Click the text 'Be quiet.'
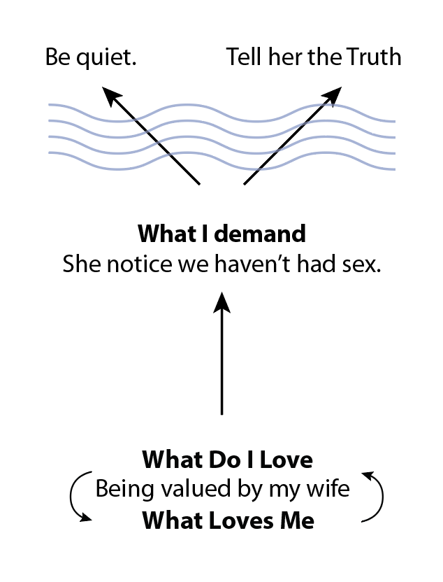pyautogui.click(x=89, y=58)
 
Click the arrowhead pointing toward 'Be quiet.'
pyautogui.click(x=109, y=94)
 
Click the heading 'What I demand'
pyautogui.click(x=221, y=233)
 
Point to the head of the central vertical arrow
pyautogui.click(x=221, y=302)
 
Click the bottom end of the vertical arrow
pyautogui.click(x=221, y=413)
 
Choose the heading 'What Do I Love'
pyautogui.click(x=227, y=461)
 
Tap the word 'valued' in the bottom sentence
pyautogui.click(x=180, y=490)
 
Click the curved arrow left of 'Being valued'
pyautogui.click(x=77, y=498)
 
